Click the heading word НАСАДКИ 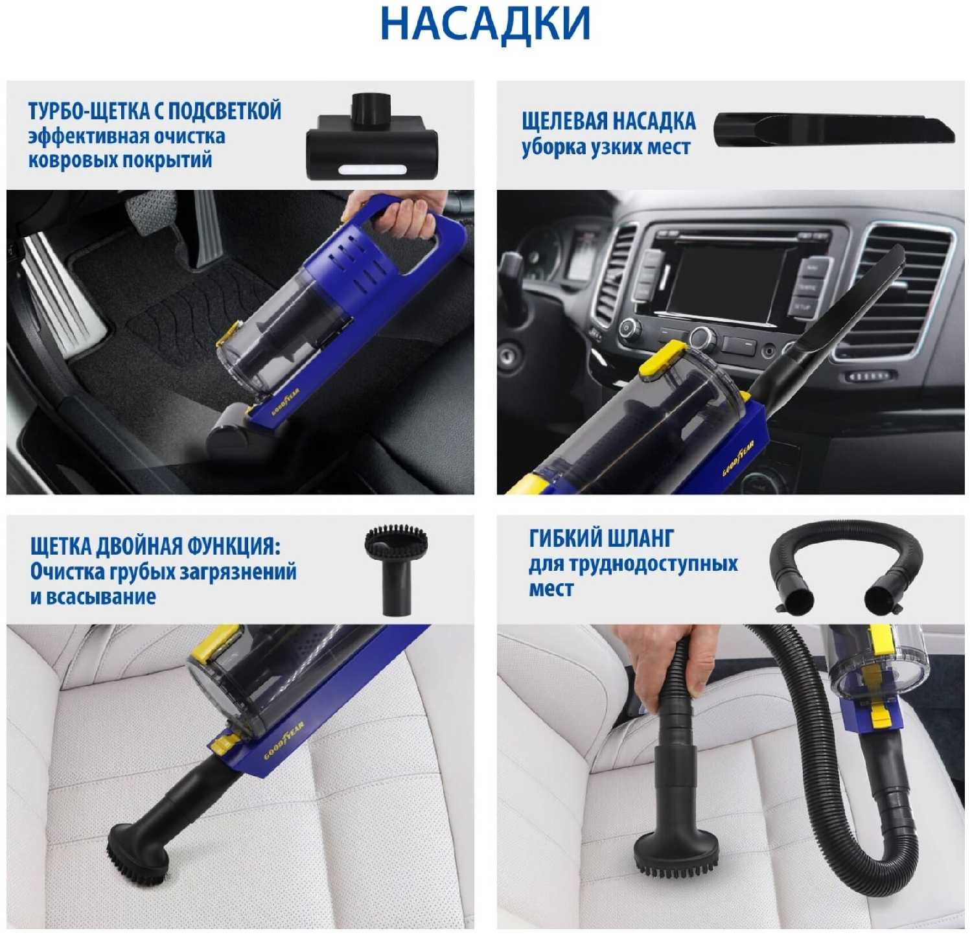[485, 23]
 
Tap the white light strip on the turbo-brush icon [372, 170]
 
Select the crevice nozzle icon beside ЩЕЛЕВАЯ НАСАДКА [835, 130]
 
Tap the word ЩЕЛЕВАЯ [563, 121]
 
